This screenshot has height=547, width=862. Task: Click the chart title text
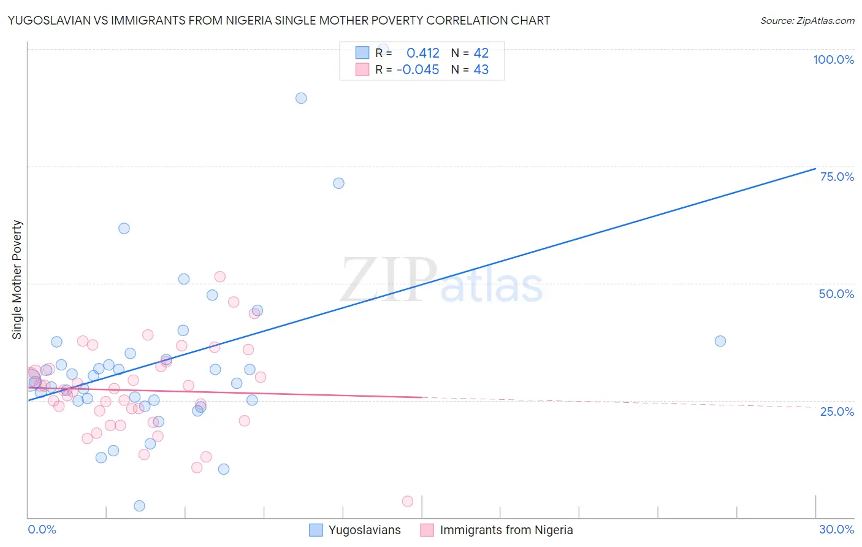(x=279, y=20)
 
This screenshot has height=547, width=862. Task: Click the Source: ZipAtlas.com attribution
(x=807, y=20)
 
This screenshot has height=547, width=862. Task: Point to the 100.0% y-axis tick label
(x=833, y=59)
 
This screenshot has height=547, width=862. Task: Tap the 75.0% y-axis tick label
(x=837, y=177)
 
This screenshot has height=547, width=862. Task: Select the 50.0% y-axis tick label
(x=836, y=294)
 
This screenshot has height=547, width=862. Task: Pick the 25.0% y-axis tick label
(x=837, y=411)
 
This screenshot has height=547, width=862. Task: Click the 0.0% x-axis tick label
(x=42, y=529)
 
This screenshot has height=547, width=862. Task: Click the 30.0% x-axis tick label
(x=836, y=529)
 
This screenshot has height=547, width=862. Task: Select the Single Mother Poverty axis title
(x=17, y=280)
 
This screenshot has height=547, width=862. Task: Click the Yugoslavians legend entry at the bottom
(x=356, y=530)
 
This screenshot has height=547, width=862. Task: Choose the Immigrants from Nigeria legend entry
(x=497, y=530)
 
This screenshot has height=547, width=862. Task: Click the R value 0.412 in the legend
(x=422, y=53)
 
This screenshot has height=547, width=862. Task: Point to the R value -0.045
(x=418, y=70)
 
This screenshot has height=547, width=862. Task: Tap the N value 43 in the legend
(x=481, y=70)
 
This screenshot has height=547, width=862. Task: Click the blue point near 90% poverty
(x=301, y=98)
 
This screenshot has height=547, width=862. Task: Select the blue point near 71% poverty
(x=338, y=183)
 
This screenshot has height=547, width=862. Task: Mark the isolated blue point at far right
(x=720, y=341)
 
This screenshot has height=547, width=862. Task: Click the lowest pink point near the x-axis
(x=408, y=501)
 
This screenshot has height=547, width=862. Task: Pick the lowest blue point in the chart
(x=139, y=506)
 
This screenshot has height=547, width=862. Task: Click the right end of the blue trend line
(x=815, y=169)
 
